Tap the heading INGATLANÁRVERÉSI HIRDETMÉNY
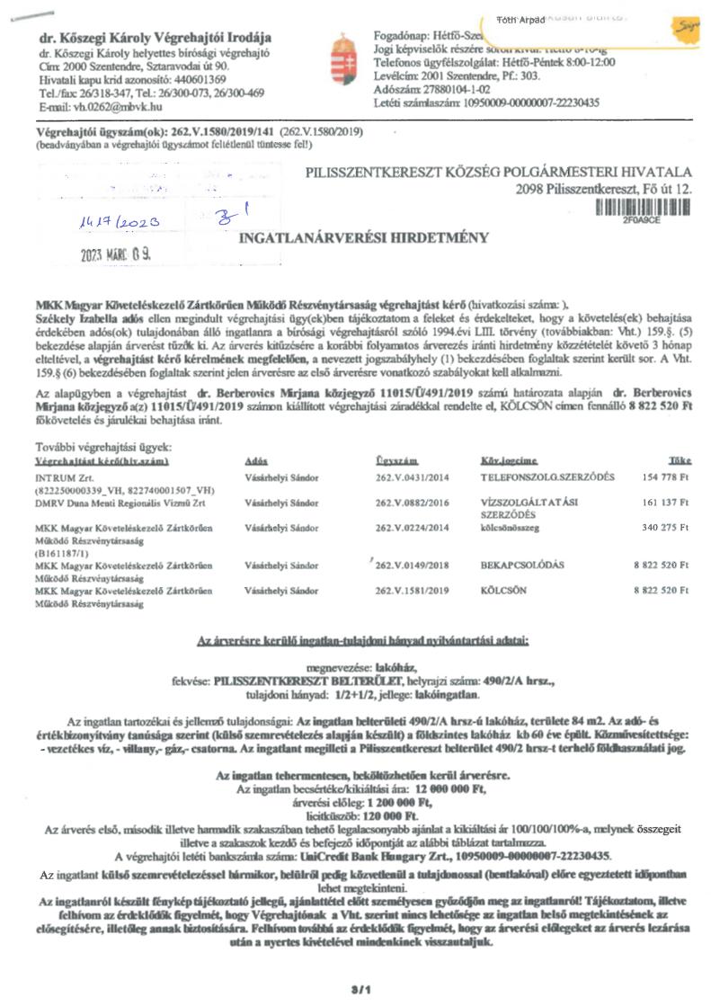(x=363, y=238)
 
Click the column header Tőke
(x=680, y=459)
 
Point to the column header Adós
(x=256, y=459)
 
